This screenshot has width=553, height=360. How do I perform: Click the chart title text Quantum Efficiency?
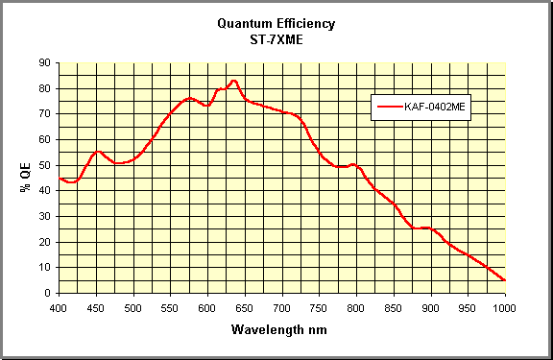pyautogui.click(x=276, y=24)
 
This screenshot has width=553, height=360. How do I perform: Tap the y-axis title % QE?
pyautogui.click(x=25, y=179)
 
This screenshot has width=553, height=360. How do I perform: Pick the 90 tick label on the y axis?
pyautogui.click(x=45, y=63)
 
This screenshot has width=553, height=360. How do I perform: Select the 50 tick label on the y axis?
pyautogui.click(x=45, y=165)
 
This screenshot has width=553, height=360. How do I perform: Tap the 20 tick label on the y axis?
pyautogui.click(x=45, y=242)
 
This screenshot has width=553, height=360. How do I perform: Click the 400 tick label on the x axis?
pyautogui.click(x=60, y=308)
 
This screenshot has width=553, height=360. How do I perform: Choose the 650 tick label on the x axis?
pyautogui.click(x=245, y=308)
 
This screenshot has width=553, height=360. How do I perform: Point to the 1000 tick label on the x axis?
pyautogui.click(x=505, y=308)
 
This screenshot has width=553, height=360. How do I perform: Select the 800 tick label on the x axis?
pyautogui.click(x=356, y=308)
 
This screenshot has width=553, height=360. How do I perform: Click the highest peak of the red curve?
pyautogui.click(x=233, y=81)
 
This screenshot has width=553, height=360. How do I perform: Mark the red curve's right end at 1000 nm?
pyautogui.click(x=505, y=280)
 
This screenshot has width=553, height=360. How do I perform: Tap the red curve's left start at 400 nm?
pyautogui.click(x=60, y=178)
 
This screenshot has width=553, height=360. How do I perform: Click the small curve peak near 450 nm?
pyautogui.click(x=97, y=151)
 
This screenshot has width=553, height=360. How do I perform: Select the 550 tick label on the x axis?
pyautogui.click(x=171, y=308)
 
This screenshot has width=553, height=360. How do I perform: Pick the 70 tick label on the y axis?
pyautogui.click(x=45, y=114)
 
